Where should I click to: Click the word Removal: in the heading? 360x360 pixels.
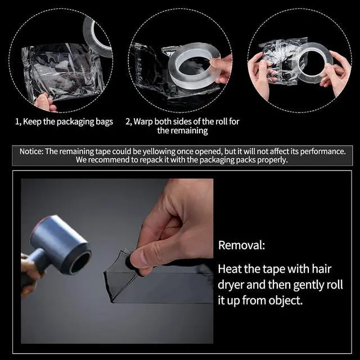241,245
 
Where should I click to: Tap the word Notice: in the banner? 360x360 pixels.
31,151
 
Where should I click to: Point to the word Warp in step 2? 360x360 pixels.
143,121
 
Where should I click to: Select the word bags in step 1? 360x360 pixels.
105,122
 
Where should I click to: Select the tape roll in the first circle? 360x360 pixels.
97,34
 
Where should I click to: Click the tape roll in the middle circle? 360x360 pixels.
193,66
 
